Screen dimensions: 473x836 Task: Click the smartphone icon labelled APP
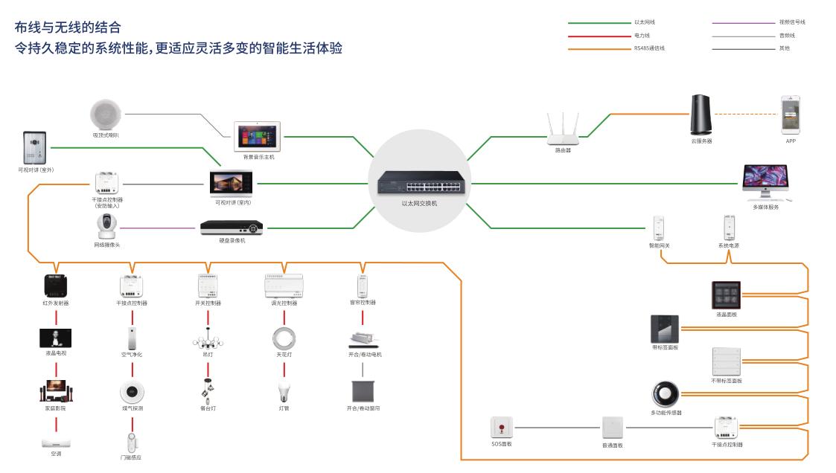791,114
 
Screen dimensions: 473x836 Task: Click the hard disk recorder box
232,226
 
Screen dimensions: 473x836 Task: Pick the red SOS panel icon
502,428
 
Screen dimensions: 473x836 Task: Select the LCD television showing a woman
55,338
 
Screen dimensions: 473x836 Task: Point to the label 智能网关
659,245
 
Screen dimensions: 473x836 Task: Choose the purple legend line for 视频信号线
743,22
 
